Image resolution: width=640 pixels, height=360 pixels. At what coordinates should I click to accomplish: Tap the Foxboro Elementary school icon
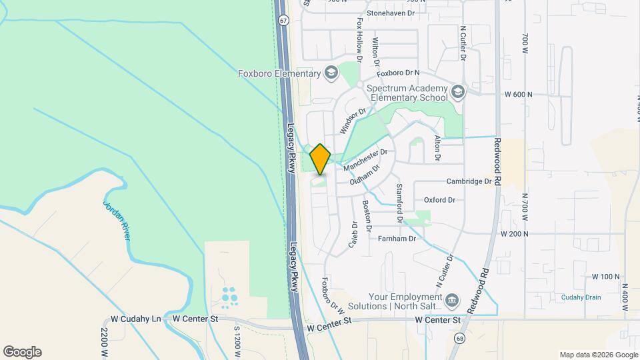[331, 73]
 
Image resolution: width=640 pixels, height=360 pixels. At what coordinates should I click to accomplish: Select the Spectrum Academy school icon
[457, 91]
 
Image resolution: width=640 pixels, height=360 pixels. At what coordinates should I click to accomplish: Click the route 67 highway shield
[284, 20]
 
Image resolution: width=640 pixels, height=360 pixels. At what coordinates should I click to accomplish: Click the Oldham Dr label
[365, 173]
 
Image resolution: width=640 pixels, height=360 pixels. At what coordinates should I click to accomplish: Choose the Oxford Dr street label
[439, 199]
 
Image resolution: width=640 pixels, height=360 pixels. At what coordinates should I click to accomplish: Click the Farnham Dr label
[397, 238]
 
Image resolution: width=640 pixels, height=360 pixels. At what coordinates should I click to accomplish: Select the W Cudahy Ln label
[137, 319]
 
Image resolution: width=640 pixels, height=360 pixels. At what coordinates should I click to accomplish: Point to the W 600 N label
[518, 95]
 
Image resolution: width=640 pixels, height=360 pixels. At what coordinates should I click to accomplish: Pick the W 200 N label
[514, 234]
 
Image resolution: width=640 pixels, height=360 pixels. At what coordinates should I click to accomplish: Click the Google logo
[22, 352]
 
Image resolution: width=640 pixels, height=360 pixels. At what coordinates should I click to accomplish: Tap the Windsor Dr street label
[353, 121]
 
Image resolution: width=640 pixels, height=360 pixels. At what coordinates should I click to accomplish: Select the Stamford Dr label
[400, 203]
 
